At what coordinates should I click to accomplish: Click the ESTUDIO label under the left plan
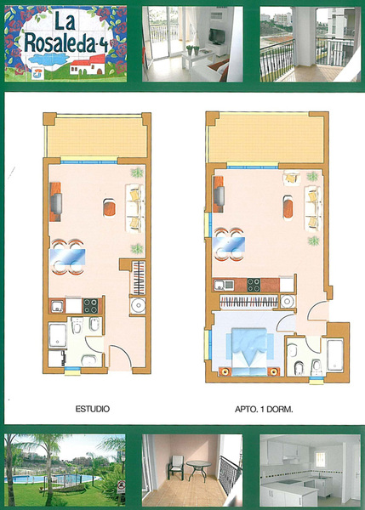pyautogui.click(x=92, y=409)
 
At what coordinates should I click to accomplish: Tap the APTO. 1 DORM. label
pyautogui.click(x=264, y=410)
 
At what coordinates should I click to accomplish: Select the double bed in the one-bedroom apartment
pyautogui.click(x=249, y=352)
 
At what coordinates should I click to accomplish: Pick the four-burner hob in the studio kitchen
pyautogui.click(x=90, y=306)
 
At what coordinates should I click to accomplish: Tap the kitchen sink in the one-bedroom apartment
pyautogui.click(x=224, y=286)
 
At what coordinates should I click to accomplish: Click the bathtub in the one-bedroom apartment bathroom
pyautogui.click(x=335, y=355)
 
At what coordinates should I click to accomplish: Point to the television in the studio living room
pyautogui.click(x=57, y=204)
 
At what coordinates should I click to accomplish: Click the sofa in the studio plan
pyautogui.click(x=134, y=208)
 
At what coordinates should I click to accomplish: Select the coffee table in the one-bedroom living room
pyautogui.click(x=288, y=207)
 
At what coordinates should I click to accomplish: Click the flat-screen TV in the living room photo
pyautogui.click(x=216, y=36)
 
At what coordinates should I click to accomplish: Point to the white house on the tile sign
pyautogui.click(x=88, y=65)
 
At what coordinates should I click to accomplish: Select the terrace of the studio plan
pyautogui.click(x=96, y=138)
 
